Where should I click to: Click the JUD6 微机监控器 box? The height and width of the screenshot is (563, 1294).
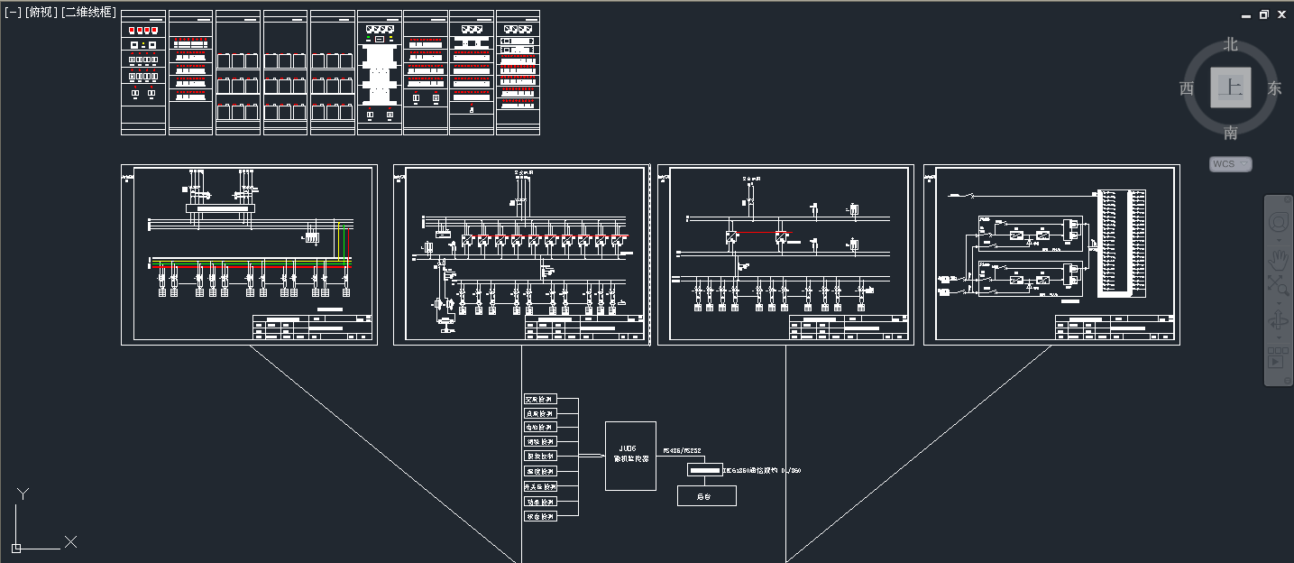630,456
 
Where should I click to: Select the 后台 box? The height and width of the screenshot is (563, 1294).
706,495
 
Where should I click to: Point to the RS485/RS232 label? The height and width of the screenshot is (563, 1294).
682,449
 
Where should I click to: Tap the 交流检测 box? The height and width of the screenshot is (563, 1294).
540,399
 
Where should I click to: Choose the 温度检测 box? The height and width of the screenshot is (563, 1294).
540,472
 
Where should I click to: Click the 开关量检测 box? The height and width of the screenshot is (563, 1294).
540,486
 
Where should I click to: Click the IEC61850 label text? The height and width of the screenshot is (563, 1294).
762,470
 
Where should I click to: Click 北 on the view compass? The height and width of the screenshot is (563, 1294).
1231,44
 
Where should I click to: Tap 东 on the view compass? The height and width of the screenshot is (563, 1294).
1274,88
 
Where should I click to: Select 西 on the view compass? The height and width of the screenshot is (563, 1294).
1187,88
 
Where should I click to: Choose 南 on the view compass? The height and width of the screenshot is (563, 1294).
1231,134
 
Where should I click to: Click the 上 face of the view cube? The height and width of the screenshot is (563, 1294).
1231,88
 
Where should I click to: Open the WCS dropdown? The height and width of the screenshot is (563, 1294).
1231,164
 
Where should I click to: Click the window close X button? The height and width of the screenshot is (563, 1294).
1281,14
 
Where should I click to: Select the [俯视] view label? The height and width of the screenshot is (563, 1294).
41,12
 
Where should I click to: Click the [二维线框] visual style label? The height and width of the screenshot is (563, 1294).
88,12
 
